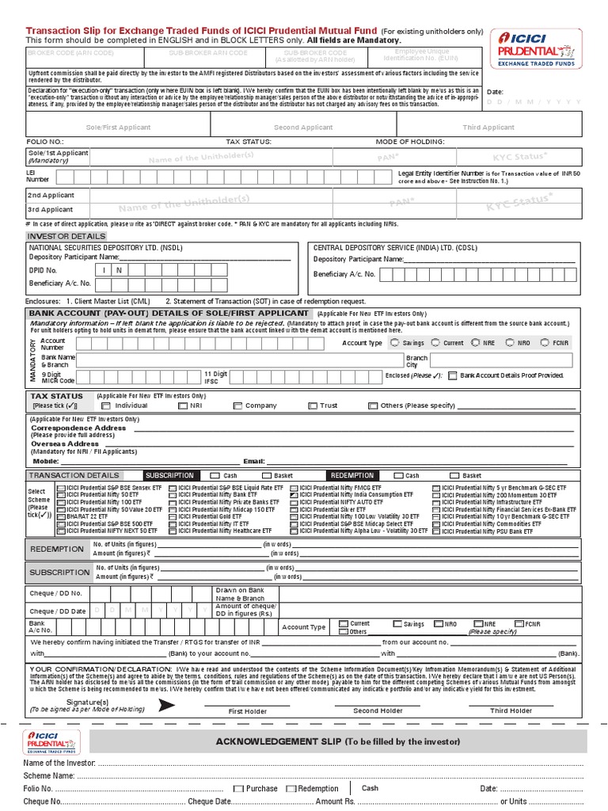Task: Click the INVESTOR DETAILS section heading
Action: pyautogui.click(x=66, y=236)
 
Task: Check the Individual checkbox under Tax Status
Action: pyautogui.click(x=106, y=405)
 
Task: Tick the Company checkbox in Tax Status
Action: pyautogui.click(x=237, y=405)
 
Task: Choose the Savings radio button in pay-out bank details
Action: pyautogui.click(x=395, y=343)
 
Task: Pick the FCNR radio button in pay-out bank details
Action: pyautogui.click(x=545, y=343)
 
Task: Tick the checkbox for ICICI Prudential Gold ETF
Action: pyautogui.click(x=173, y=516)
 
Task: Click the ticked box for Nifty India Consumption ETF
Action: pyautogui.click(x=294, y=495)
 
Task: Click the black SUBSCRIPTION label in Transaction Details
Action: pyautogui.click(x=169, y=475)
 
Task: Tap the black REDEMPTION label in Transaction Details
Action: pyautogui.click(x=352, y=475)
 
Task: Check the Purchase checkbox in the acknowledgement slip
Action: pyautogui.click(x=238, y=789)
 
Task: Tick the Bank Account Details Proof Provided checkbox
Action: pyautogui.click(x=453, y=375)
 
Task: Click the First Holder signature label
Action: pyautogui.click(x=248, y=711)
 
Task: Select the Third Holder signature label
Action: pyautogui.click(x=511, y=711)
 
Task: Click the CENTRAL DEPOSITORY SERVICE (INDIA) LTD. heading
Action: pyautogui.click(x=384, y=247)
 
